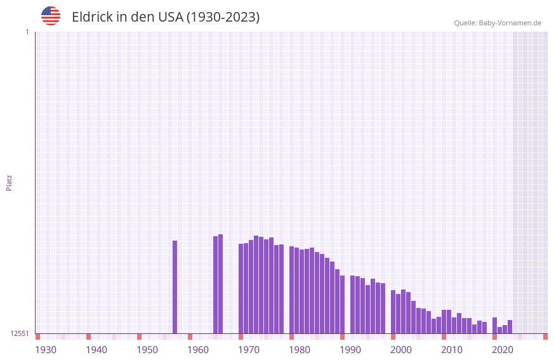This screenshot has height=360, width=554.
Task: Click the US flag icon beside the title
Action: [x=51, y=16]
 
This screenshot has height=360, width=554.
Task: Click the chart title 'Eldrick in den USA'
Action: [x=166, y=17]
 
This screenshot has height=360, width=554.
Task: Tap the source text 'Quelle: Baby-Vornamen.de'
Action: [x=498, y=23]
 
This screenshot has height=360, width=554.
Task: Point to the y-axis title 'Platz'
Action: [x=9, y=182]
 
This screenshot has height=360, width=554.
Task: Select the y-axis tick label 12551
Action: [x=20, y=333]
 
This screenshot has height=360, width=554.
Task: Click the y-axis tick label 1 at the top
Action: [x=27, y=32]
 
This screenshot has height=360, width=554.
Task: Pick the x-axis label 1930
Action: [x=46, y=350]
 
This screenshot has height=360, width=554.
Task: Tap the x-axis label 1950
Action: [x=147, y=350]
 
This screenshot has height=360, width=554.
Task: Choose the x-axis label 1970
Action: [x=249, y=350]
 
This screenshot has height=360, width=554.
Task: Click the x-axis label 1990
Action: [x=350, y=350]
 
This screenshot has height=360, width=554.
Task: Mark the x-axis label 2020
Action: [x=503, y=350]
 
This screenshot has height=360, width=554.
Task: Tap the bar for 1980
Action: [x=292, y=290]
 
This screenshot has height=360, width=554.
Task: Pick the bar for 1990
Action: [x=343, y=304]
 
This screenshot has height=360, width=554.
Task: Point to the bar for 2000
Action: [x=393, y=312]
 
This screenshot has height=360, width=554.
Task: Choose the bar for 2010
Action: [x=444, y=321]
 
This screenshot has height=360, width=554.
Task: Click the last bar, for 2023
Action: [x=510, y=326]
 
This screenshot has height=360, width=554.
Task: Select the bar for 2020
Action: [x=495, y=325]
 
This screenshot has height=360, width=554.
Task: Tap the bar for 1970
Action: [x=241, y=288]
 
